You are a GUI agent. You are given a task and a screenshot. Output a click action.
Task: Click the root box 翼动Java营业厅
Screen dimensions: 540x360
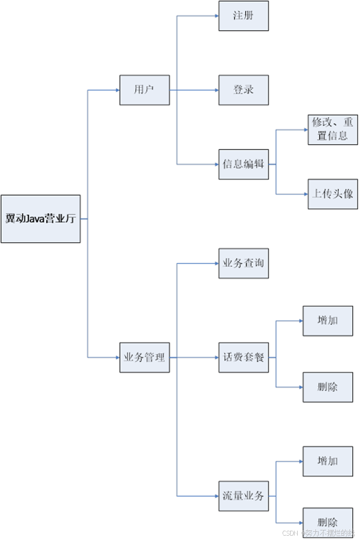point(41,219)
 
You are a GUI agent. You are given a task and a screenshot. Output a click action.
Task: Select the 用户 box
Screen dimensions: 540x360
point(145,90)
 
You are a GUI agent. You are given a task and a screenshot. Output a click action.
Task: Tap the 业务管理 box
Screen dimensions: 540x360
point(145,357)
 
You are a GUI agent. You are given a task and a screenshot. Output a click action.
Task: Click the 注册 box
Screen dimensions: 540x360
point(243,16)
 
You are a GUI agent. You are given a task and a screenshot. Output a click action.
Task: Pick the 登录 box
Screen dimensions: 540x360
point(243,90)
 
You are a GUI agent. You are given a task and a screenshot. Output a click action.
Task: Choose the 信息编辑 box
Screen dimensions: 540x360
point(243,164)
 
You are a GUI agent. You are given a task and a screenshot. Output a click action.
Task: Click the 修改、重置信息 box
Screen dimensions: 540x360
point(333,129)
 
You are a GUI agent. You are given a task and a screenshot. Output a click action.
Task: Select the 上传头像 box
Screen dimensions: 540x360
point(333,194)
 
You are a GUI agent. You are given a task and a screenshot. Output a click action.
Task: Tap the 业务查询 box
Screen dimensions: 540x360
point(243,263)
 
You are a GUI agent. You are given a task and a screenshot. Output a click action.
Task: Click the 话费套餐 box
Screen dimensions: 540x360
point(243,357)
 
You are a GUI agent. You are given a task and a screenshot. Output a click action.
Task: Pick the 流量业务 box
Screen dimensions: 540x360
point(243,496)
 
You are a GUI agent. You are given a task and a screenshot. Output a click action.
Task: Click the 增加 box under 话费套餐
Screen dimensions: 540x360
point(328,321)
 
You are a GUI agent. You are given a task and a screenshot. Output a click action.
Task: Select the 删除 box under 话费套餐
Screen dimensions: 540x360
point(328,387)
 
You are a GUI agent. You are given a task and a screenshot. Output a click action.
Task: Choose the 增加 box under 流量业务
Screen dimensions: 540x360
point(328,461)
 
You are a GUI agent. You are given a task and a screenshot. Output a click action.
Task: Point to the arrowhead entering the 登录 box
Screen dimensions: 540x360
point(216,90)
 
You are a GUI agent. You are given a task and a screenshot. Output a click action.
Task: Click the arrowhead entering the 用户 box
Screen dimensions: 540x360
point(118,90)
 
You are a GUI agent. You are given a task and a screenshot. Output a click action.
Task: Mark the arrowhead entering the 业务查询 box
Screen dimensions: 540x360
point(216,263)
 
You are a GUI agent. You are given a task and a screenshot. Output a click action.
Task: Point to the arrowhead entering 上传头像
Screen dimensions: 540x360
point(306,194)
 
